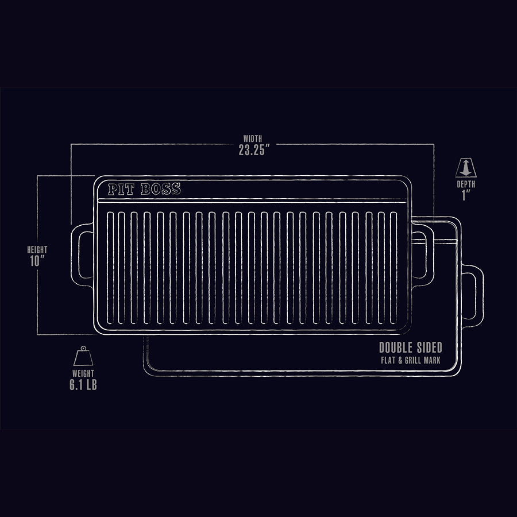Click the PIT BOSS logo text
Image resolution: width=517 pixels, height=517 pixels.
(x=144, y=189)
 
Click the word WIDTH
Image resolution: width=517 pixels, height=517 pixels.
(x=253, y=138)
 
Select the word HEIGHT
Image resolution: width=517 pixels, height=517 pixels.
(x=37, y=250)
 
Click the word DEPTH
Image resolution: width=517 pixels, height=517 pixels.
(x=466, y=184)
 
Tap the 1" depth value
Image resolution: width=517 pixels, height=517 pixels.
(x=466, y=195)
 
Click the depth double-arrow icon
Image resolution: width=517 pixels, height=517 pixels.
(x=466, y=168)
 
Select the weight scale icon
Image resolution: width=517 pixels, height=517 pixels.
(x=83, y=357)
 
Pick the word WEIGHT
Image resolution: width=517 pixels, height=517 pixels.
(x=83, y=373)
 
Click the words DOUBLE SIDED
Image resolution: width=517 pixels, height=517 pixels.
(x=410, y=348)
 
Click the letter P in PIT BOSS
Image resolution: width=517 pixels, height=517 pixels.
(x=113, y=189)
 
